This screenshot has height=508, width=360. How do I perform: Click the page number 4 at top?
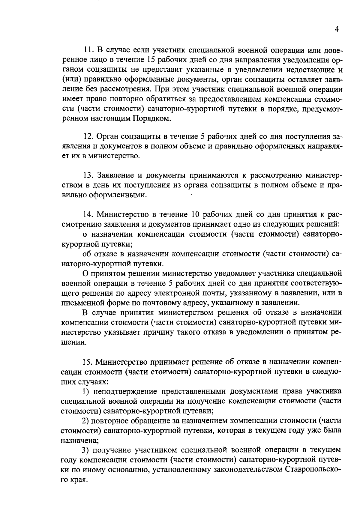point(337,29)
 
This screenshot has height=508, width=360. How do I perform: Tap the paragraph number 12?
point(89,136)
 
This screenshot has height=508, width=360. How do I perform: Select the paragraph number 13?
point(89,175)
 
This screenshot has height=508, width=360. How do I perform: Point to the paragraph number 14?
point(89,214)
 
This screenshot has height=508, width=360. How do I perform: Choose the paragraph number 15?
point(89,362)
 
